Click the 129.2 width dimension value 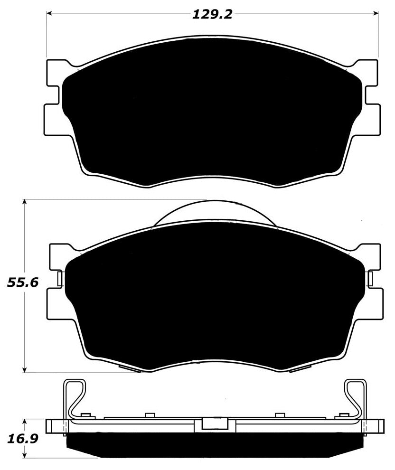(x=212, y=15)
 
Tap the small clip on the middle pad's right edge (x=369, y=279)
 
